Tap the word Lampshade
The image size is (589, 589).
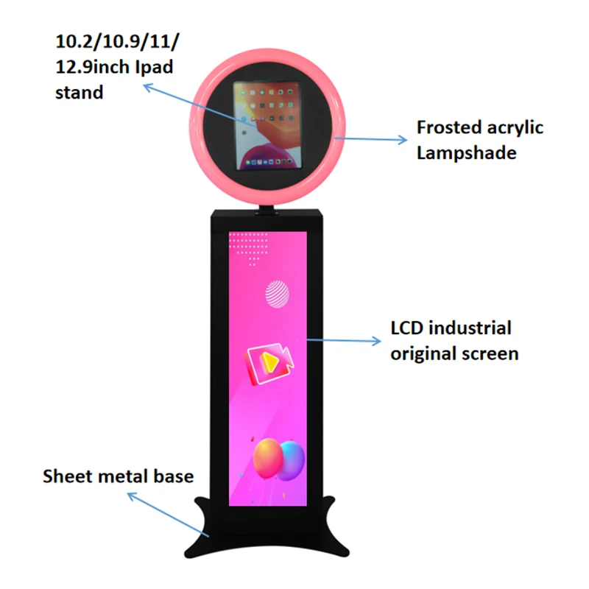[x=466, y=153]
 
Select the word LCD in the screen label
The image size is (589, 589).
[x=408, y=328]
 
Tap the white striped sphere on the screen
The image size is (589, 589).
[x=278, y=294]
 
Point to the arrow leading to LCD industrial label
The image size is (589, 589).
[x=345, y=340]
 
